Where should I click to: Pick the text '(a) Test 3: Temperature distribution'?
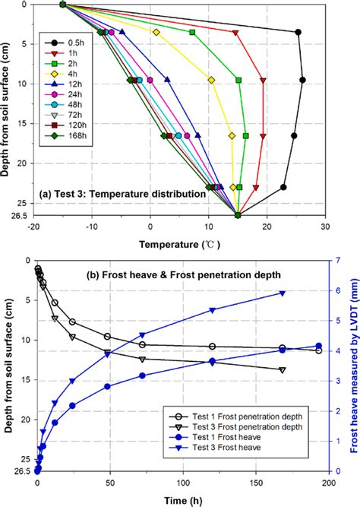[x=125, y=195]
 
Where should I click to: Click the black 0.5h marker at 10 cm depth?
[x=302, y=80]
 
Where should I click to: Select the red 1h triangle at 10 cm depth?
[x=263, y=80]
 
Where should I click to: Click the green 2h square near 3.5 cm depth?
[x=192, y=33]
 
